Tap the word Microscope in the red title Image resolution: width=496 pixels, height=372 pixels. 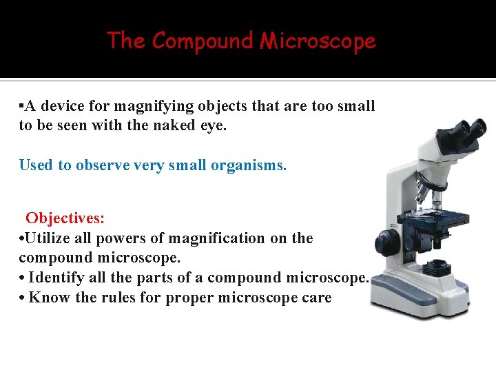tap(318, 41)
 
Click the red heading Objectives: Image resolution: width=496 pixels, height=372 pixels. tap(65, 218)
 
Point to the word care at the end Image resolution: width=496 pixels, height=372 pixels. tap(316, 298)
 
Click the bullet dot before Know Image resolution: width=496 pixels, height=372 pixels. tap(23, 298)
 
